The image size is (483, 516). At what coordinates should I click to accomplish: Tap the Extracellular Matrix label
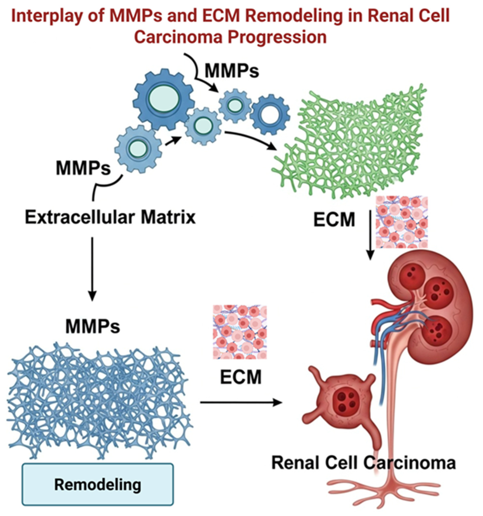point(110,217)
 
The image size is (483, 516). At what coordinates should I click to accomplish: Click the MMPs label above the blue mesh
point(93,326)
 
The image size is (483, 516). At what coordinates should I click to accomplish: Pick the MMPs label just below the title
point(232,71)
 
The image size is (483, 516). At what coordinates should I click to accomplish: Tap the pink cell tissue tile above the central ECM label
point(239,332)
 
